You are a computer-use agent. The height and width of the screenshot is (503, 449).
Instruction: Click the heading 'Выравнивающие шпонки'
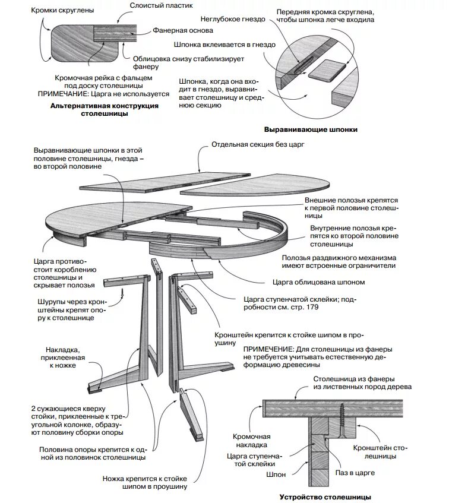[314, 129]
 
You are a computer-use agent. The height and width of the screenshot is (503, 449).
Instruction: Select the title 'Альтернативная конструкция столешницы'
[104, 109]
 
